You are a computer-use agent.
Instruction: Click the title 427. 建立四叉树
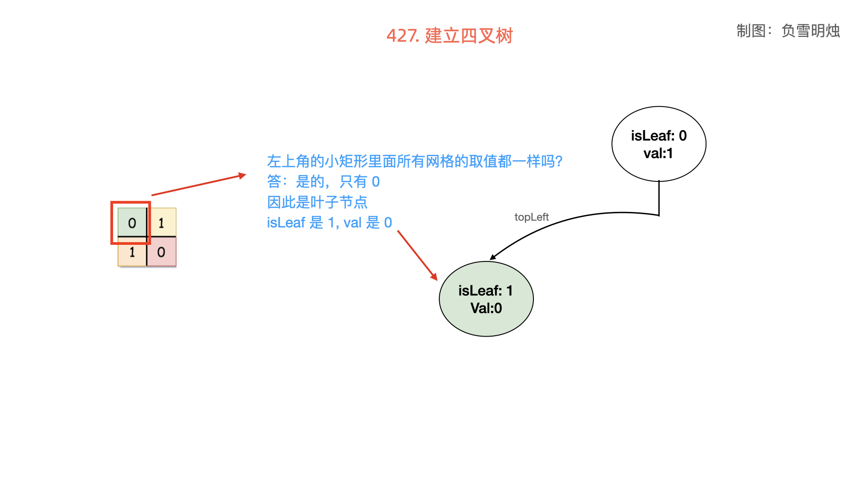pos(450,36)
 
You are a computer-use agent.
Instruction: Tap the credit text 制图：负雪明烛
pos(788,31)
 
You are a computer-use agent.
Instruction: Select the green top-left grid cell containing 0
pos(132,222)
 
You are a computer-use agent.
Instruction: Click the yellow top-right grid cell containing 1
pos(161,222)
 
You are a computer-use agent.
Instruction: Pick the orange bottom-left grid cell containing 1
pos(132,252)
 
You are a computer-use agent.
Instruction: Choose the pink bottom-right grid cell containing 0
pos(161,252)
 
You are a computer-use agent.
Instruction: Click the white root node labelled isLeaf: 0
pos(659,144)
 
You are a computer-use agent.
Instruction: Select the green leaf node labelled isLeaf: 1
pos(486,299)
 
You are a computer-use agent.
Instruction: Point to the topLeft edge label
pos(532,217)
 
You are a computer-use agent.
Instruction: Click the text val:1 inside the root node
pos(658,153)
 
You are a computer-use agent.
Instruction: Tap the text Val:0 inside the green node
pos(486,308)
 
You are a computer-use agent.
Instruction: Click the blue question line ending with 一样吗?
pos(414,161)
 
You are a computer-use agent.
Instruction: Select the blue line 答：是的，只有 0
pos(323,181)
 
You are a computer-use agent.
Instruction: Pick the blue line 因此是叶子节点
pos(317,202)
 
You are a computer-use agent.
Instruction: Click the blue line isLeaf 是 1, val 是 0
pos(329,222)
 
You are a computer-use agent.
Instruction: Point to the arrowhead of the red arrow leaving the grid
pos(243,175)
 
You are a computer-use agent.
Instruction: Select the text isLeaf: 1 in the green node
pos(485,291)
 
